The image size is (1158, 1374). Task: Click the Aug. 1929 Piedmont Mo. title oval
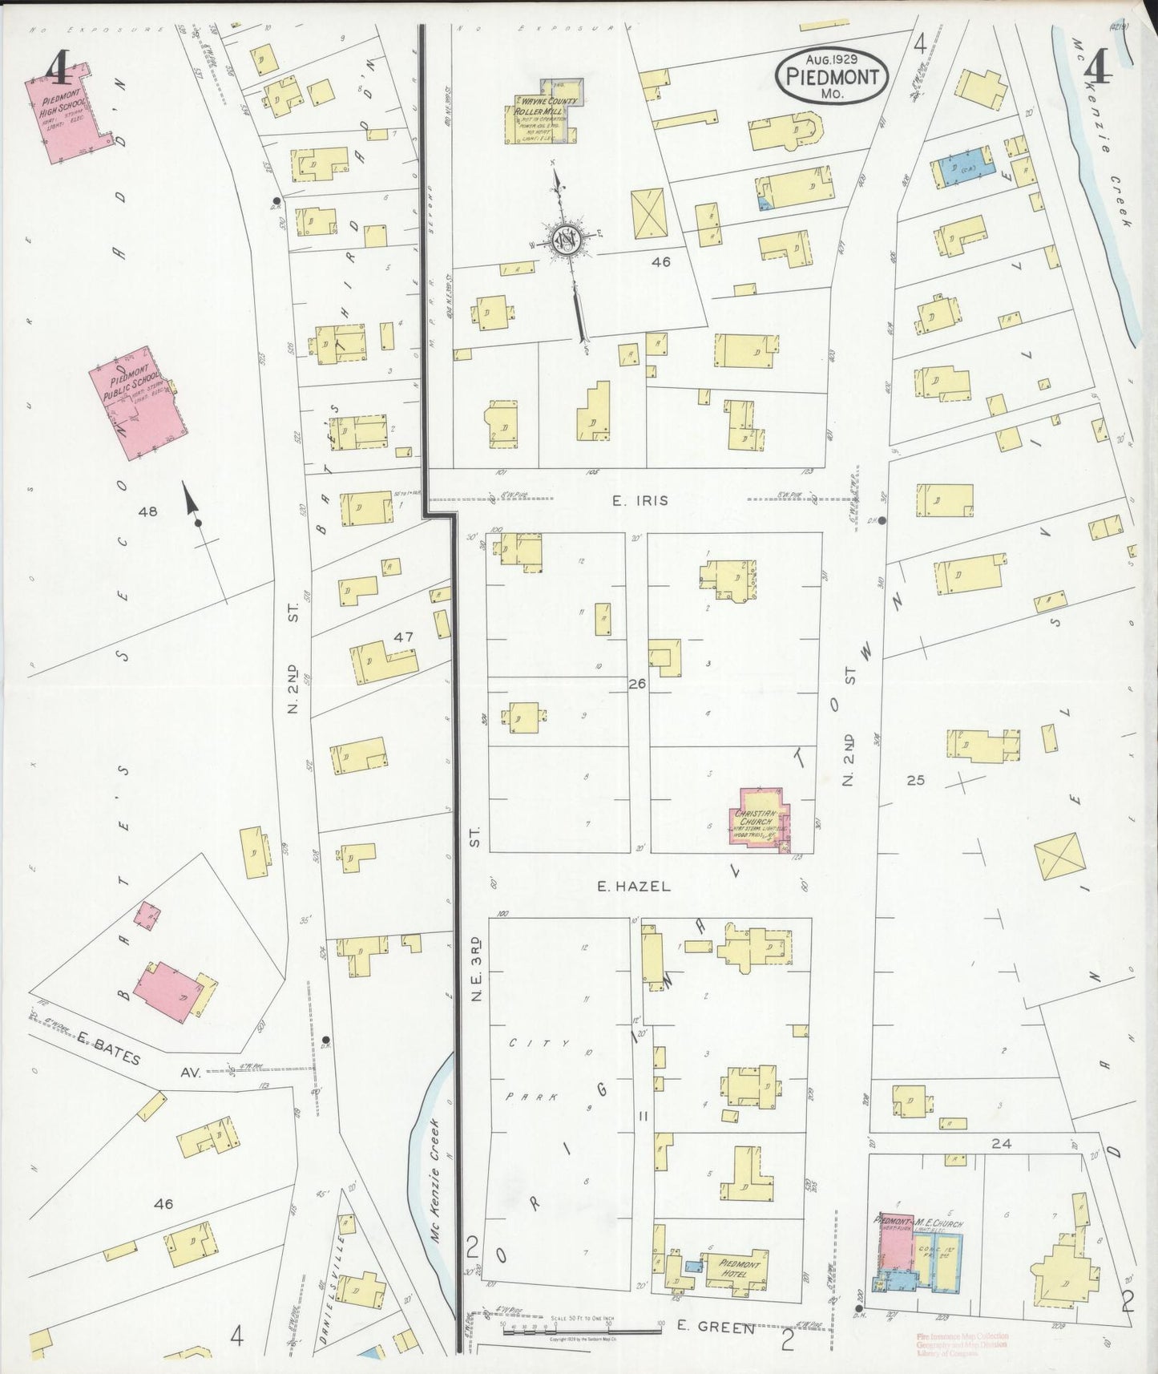click(832, 78)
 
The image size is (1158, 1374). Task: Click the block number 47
click(402, 637)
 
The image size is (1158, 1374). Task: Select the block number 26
click(637, 684)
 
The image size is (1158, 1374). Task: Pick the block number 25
click(915, 779)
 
